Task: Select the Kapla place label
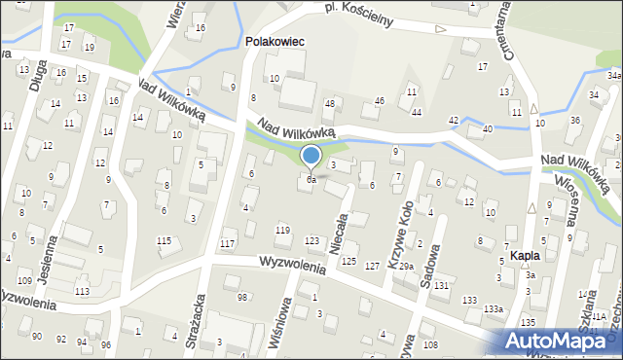(x=525, y=257)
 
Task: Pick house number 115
(x=165, y=240)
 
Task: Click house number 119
(x=282, y=230)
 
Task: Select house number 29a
(x=405, y=266)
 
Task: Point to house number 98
(x=242, y=296)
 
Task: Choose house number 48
(x=329, y=103)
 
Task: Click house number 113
(x=83, y=291)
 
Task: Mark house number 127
(x=372, y=266)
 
